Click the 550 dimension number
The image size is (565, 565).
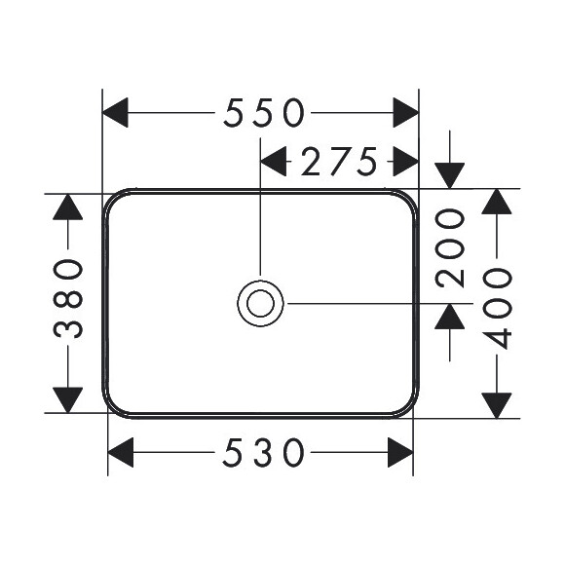click(264, 112)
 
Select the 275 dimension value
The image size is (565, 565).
click(339, 162)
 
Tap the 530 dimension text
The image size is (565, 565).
click(263, 452)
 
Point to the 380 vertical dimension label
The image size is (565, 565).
click(68, 298)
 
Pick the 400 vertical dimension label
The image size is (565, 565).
click(497, 308)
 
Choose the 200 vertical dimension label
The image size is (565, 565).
click(450, 248)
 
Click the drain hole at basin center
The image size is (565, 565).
click(260, 303)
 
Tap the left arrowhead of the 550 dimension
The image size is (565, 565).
click(115, 112)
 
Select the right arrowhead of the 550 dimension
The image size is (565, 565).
click(406, 112)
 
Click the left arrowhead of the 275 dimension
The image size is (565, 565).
click(273, 162)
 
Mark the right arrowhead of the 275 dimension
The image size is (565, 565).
click(406, 162)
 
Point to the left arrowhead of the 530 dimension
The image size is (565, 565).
click(121, 452)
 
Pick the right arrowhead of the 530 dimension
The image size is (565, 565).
click(400, 452)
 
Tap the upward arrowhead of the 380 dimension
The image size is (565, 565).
click(68, 207)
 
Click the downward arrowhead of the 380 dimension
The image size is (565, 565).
click(68, 400)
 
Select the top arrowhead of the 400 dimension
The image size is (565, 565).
click(497, 202)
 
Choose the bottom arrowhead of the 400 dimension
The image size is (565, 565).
click(497, 406)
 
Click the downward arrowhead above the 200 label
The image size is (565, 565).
click(450, 175)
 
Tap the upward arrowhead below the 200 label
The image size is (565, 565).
click(450, 317)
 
